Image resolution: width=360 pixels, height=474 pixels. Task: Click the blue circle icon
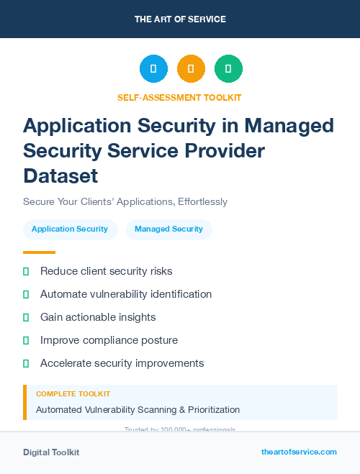click(153, 69)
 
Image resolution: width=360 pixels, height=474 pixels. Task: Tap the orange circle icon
click(191, 69)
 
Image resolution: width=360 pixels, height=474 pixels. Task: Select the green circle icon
click(228, 69)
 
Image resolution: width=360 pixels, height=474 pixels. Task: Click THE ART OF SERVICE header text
click(180, 19)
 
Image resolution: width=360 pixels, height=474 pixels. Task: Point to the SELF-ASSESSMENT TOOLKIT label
click(180, 97)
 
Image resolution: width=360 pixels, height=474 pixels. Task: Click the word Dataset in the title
click(60, 176)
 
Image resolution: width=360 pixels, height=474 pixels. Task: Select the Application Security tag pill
click(70, 229)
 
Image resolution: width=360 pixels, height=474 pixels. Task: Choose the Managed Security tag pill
click(168, 229)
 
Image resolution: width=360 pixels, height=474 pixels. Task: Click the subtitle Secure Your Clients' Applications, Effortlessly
click(125, 201)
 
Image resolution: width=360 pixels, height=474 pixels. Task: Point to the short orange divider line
click(39, 252)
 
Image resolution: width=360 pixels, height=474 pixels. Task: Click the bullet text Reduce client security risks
click(106, 271)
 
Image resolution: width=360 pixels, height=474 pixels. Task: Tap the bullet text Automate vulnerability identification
click(126, 294)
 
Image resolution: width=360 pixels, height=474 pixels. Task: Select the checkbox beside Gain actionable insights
click(26, 317)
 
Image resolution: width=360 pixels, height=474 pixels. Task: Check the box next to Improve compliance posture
click(26, 340)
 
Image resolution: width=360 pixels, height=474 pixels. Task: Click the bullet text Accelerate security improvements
click(122, 363)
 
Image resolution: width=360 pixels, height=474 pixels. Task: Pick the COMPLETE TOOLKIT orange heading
click(73, 394)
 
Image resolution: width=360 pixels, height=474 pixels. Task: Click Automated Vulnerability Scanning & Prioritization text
click(138, 410)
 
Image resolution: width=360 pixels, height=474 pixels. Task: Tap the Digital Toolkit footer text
click(51, 452)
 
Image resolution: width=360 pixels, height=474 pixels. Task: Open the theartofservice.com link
click(299, 452)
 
